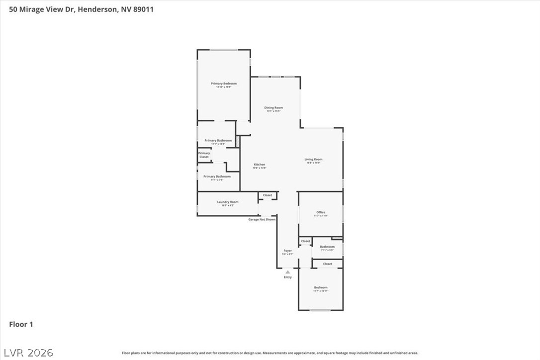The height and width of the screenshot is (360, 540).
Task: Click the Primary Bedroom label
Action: (223, 84)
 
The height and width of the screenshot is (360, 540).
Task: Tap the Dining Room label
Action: (273, 108)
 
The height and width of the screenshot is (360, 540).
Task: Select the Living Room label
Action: (313, 160)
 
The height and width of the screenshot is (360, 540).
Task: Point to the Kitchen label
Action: (260, 165)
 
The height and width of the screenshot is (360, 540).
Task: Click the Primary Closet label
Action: (204, 155)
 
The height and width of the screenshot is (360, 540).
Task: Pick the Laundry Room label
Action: (227, 202)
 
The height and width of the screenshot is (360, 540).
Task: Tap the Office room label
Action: (321, 212)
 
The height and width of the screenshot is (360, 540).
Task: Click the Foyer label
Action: (287, 251)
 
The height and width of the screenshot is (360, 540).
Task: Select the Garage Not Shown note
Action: (262, 219)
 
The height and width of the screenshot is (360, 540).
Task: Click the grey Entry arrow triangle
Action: (287, 272)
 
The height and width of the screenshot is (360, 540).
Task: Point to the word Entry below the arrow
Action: (287, 277)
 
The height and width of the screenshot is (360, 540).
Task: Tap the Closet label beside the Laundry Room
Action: (268, 195)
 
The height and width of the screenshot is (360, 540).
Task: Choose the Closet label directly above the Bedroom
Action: (327, 264)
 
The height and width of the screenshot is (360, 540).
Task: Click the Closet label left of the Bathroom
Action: (305, 241)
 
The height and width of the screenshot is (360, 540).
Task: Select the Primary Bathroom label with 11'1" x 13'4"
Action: (218, 141)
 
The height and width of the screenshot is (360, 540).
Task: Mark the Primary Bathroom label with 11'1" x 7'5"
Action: (217, 177)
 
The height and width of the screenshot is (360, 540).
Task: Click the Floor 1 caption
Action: (21, 325)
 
